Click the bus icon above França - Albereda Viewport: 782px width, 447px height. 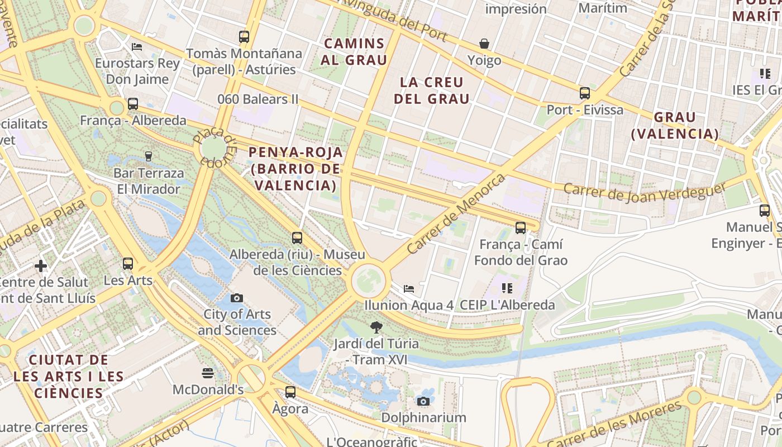tap(133, 103)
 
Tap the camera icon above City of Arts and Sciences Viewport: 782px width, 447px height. tap(237, 298)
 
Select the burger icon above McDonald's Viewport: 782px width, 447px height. tap(208, 373)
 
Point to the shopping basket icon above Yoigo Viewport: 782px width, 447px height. tap(484, 44)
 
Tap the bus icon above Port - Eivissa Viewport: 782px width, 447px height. tap(585, 93)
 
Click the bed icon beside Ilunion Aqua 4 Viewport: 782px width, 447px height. tap(409, 289)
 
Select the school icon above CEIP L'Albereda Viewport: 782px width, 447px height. tap(507, 288)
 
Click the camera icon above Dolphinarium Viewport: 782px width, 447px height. tap(423, 401)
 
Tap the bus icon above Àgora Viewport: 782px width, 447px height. tap(290, 392)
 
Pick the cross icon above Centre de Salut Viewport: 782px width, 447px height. tap(41, 265)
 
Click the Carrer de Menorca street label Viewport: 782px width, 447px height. tap(456, 214)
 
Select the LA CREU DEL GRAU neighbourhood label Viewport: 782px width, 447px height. tap(432, 91)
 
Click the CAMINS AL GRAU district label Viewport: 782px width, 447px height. tap(354, 51)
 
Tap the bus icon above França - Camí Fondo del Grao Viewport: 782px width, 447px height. tap(521, 228)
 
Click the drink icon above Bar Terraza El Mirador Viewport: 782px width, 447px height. tap(149, 156)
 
